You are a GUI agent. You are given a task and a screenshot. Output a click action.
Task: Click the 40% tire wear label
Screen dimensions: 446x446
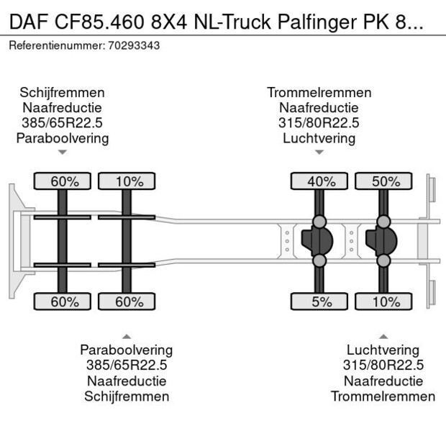pyautogui.click(x=321, y=181)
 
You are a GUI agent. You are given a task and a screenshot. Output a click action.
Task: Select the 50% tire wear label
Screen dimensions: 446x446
pyautogui.click(x=385, y=181)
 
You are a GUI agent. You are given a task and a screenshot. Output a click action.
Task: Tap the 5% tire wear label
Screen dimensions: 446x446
pyautogui.click(x=321, y=301)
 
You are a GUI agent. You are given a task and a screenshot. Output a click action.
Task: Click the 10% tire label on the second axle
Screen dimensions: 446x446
pyautogui.click(x=129, y=181)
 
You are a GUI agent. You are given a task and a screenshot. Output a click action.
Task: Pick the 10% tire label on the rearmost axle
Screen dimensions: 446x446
pyautogui.click(x=385, y=301)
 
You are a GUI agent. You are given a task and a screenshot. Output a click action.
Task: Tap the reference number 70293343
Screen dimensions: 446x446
pyautogui.click(x=134, y=45)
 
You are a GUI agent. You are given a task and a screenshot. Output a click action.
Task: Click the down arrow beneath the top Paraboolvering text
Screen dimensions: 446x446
pyautogui.click(x=63, y=153)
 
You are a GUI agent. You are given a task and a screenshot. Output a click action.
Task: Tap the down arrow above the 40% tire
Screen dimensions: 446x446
pyautogui.click(x=319, y=153)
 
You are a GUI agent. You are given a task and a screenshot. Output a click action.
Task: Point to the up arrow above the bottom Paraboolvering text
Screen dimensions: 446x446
pyautogui.click(x=127, y=336)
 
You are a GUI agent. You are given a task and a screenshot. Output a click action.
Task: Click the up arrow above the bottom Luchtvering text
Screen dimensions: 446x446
pyautogui.click(x=383, y=336)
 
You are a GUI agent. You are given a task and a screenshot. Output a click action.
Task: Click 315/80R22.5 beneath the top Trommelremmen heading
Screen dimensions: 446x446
pyautogui.click(x=319, y=123)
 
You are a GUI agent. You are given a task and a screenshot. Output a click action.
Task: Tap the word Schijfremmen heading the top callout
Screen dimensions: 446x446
pyautogui.click(x=63, y=93)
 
